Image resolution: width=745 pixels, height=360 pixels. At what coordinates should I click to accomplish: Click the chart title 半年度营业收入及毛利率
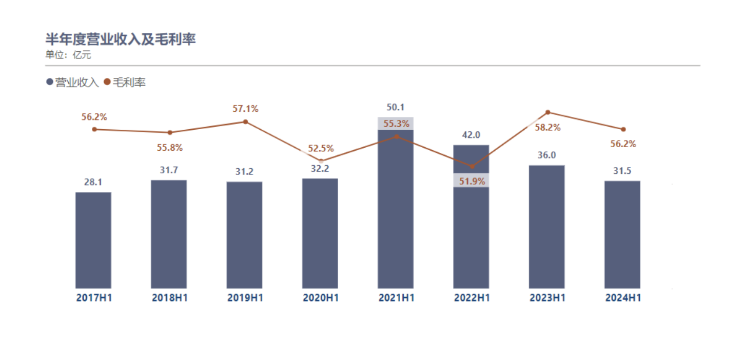coord(121,39)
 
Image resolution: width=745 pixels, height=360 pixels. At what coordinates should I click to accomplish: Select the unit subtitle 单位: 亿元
coord(68,55)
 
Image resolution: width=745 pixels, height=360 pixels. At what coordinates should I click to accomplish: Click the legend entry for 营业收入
coord(72,82)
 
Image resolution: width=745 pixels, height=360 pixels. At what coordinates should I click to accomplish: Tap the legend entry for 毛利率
coord(125,82)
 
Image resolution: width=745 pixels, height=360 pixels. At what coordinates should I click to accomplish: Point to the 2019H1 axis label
coord(245,298)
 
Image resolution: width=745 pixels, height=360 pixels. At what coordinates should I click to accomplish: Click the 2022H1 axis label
coord(472,298)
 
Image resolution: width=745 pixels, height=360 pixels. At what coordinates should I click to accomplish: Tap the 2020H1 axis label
coord(320,298)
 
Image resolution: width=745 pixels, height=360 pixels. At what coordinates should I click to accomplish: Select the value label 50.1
coord(396,108)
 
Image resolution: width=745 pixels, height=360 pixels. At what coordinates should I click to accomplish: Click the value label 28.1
coord(93,182)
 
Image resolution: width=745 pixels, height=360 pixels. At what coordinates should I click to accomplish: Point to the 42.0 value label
coord(471,135)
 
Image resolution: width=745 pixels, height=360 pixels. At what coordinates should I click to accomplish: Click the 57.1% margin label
coord(245,109)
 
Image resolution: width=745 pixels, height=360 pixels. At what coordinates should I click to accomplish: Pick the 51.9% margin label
coord(471,181)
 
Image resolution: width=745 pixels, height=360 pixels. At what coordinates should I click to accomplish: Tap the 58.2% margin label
coord(547,128)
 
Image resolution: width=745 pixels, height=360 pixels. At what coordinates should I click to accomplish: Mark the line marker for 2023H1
coord(547,112)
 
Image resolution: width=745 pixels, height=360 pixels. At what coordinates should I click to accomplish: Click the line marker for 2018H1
coord(170,132)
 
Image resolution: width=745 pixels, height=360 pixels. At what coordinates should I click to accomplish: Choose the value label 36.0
coord(547,155)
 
